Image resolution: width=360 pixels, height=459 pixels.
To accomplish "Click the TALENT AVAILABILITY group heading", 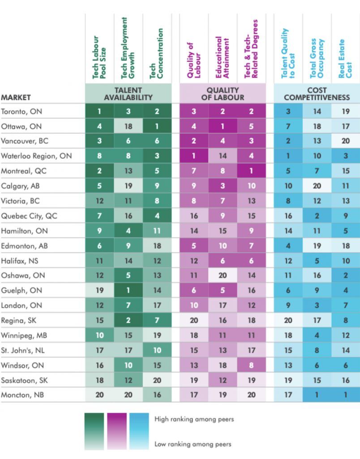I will pos(129,94).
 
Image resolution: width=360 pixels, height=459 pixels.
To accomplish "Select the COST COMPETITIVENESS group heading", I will pos(317,94).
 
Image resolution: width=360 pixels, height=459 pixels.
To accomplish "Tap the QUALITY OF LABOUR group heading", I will pos(223,94).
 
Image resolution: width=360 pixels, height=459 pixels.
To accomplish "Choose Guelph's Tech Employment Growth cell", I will pos(129,290).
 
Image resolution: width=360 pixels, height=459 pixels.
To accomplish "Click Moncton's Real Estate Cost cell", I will pos(346,395).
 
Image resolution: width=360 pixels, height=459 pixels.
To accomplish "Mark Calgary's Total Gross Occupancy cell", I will pos(317,186).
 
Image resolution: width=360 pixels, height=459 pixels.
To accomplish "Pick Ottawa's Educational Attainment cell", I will pos(223,126).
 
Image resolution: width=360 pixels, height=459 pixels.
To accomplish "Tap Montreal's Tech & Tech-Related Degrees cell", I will pos(251,171).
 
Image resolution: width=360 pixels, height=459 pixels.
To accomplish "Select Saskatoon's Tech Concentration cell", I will pos(157,380).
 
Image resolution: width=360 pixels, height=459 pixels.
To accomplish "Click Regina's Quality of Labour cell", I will pos(193,320).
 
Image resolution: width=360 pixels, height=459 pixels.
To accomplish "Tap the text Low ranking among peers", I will pos(193,444).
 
